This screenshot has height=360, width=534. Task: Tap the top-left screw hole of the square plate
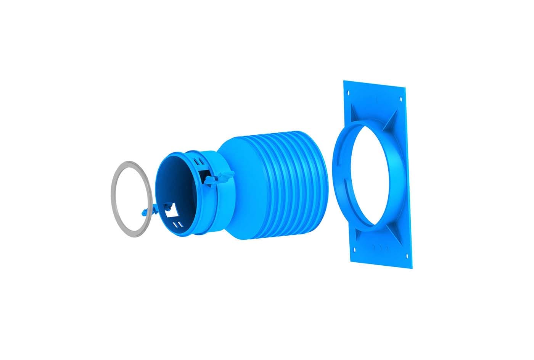349,92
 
